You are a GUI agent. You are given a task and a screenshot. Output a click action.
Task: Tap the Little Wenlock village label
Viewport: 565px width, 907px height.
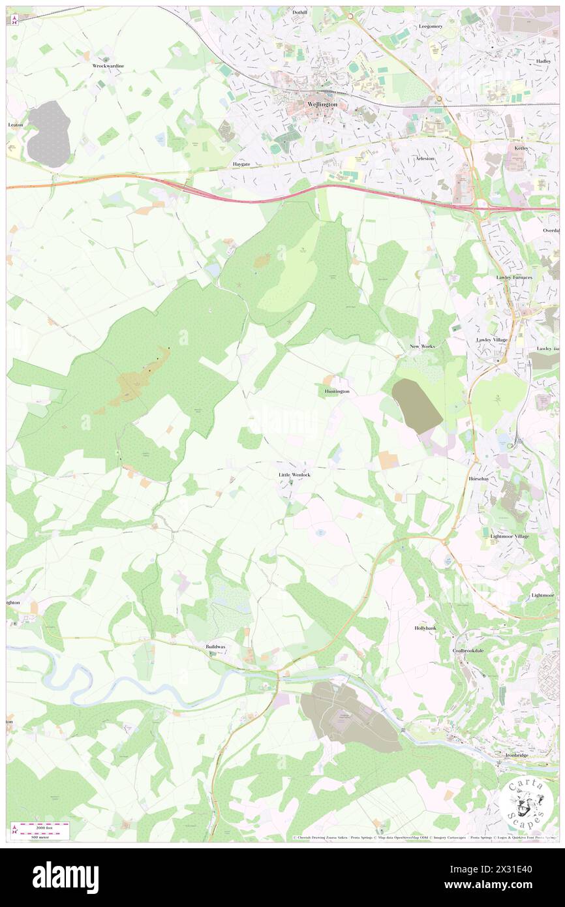(x=294, y=474)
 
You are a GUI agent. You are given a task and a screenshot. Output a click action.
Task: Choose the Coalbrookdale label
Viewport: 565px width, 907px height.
(x=470, y=651)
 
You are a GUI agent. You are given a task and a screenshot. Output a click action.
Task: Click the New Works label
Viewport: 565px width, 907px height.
(x=422, y=346)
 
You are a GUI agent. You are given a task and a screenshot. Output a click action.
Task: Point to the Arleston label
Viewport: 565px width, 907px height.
(x=425, y=159)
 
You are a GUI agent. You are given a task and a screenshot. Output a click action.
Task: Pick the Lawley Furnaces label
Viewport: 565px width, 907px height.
(x=513, y=277)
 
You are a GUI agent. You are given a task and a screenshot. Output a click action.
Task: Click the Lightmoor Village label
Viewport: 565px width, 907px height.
(x=510, y=536)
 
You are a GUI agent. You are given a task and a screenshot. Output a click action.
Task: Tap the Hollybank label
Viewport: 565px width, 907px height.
(x=425, y=628)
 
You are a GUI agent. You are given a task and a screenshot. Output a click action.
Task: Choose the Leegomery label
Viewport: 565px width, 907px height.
(x=431, y=26)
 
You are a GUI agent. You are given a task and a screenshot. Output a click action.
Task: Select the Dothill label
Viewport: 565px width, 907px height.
(x=299, y=12)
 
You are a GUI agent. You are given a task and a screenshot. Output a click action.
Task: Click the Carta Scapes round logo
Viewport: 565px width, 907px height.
(x=525, y=803)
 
